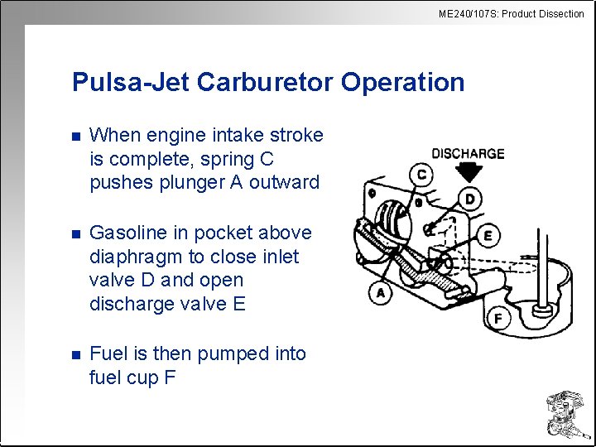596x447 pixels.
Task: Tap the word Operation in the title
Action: pyautogui.click(x=402, y=82)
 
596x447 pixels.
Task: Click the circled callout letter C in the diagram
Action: pyautogui.click(x=422, y=175)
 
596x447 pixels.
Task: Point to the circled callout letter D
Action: pyautogui.click(x=471, y=199)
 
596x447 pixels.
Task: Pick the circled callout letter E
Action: pyautogui.click(x=488, y=236)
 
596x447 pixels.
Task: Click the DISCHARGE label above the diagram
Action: pyautogui.click(x=468, y=153)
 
